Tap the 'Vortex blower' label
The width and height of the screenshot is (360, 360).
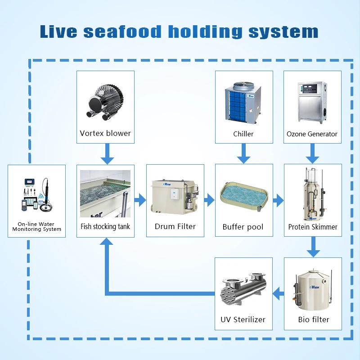105,133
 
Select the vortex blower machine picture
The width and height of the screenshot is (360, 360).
105,102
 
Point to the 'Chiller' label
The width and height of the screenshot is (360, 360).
243,134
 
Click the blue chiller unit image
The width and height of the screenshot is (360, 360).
243,102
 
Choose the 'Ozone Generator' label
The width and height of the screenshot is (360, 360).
312,134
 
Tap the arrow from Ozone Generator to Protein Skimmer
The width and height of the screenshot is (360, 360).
312,155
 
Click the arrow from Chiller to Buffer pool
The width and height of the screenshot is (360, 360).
243,155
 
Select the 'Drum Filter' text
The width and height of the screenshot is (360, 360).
175,226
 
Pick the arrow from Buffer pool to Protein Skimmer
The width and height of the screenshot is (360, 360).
278,200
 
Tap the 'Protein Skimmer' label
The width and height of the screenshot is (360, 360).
313,227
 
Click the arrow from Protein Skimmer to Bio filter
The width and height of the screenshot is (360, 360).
313,247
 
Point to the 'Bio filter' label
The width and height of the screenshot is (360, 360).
314,319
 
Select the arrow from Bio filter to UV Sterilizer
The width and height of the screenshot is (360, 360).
278,294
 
